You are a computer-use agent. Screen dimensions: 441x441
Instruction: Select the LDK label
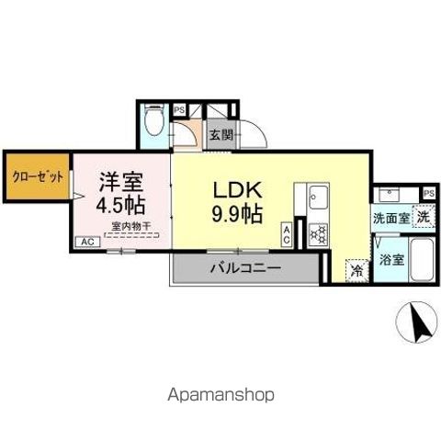(x=241, y=191)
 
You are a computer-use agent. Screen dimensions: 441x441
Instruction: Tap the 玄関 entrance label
(x=220, y=135)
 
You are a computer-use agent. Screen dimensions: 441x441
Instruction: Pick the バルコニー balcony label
(x=243, y=270)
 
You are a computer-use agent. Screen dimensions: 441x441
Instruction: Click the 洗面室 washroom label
(x=390, y=219)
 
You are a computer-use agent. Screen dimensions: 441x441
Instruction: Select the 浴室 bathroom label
(x=391, y=258)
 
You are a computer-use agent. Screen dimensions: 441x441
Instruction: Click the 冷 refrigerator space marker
(x=356, y=272)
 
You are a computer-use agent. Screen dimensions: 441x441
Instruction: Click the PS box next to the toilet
(x=179, y=107)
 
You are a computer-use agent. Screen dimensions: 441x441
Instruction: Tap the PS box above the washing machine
(x=428, y=193)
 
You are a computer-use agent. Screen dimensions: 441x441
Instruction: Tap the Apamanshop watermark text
(x=220, y=394)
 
